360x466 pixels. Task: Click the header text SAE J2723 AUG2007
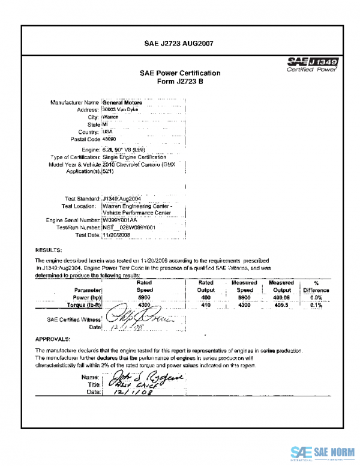point(180,43)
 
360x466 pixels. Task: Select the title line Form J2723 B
point(180,82)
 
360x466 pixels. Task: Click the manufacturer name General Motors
point(122,103)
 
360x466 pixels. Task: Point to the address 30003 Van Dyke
point(120,110)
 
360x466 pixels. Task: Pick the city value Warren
point(111,117)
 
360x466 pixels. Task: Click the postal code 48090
point(110,139)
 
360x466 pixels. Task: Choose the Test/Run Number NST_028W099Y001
point(130,228)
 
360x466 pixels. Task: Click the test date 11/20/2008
point(116,235)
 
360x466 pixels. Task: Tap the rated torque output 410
point(206,305)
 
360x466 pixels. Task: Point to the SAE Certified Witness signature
point(131,319)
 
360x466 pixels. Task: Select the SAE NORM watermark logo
point(323,452)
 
